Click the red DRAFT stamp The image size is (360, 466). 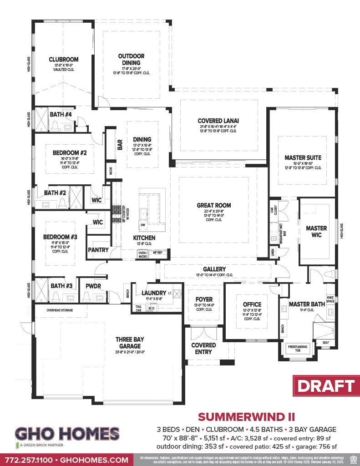coord(326,386)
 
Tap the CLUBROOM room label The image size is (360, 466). coord(64,59)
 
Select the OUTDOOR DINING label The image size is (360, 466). coord(132,60)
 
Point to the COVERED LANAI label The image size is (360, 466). coord(218,121)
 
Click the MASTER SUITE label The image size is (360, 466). coord(303,157)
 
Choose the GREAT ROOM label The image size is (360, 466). coord(214,205)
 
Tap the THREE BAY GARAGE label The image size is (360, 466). coord(130,343)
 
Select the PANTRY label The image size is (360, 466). coord(98,250)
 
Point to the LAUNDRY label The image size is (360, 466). coord(153,293)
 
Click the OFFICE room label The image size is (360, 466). coord(252,304)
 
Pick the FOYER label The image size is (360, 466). coord(203,300)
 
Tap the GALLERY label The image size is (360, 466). coord(214,269)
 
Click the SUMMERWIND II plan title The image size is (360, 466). coord(246,416)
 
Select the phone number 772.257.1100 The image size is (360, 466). coord(27,460)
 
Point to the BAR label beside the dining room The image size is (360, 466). coord(120,145)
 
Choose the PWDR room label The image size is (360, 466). coord(93,286)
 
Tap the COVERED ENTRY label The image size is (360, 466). coord(203,348)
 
